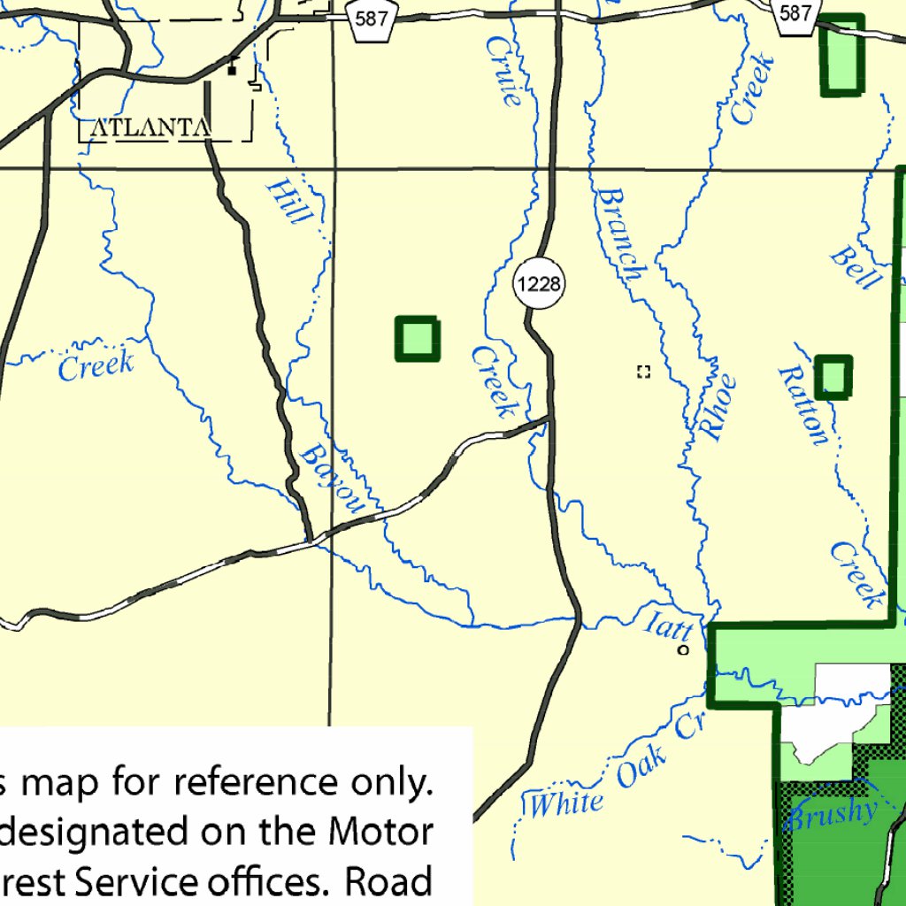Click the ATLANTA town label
pyautogui.click(x=150, y=128)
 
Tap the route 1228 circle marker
pyautogui.click(x=539, y=284)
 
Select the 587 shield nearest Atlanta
pyautogui.click(x=371, y=19)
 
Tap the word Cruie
pyautogui.click(x=503, y=70)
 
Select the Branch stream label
pyautogui.click(x=619, y=234)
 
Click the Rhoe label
pyautogui.click(x=718, y=407)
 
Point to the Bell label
pyautogui.click(x=855, y=267)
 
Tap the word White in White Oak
pyautogui.click(x=566, y=803)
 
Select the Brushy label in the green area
pyautogui.click(x=833, y=812)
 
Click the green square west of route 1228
pyautogui.click(x=417, y=338)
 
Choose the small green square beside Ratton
pyautogui.click(x=833, y=377)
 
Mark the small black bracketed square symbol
pyautogui.click(x=644, y=372)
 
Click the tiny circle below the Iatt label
pyautogui.click(x=682, y=650)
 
